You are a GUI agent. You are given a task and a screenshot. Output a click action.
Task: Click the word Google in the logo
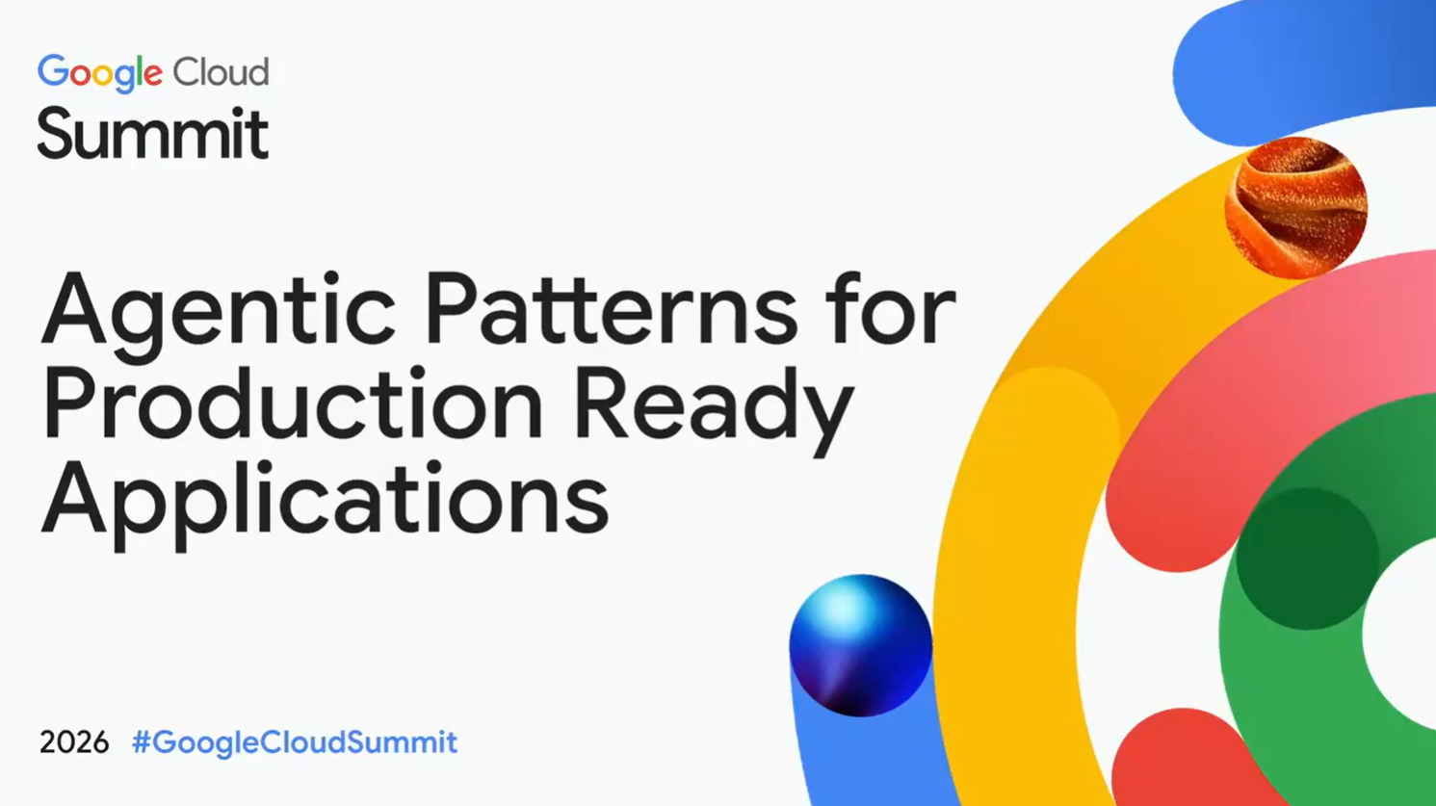point(100,73)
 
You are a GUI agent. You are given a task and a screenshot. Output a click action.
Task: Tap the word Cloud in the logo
point(221,70)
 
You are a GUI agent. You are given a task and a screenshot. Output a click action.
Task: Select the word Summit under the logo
point(152,133)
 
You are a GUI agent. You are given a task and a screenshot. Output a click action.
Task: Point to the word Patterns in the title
point(612,309)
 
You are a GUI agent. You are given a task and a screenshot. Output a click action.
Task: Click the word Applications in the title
point(325,505)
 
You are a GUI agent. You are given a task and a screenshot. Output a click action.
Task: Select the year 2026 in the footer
point(74,742)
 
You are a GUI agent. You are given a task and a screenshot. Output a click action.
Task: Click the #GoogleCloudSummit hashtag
point(295,743)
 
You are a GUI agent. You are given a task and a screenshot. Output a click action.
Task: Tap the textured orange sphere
point(1295,208)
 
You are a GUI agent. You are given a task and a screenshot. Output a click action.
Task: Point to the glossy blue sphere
point(860,646)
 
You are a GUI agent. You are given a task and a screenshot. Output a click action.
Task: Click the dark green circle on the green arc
point(1307,559)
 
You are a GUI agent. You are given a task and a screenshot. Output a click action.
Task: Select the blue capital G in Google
point(53,70)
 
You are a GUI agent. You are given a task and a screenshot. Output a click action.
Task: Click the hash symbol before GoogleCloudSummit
point(141,742)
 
